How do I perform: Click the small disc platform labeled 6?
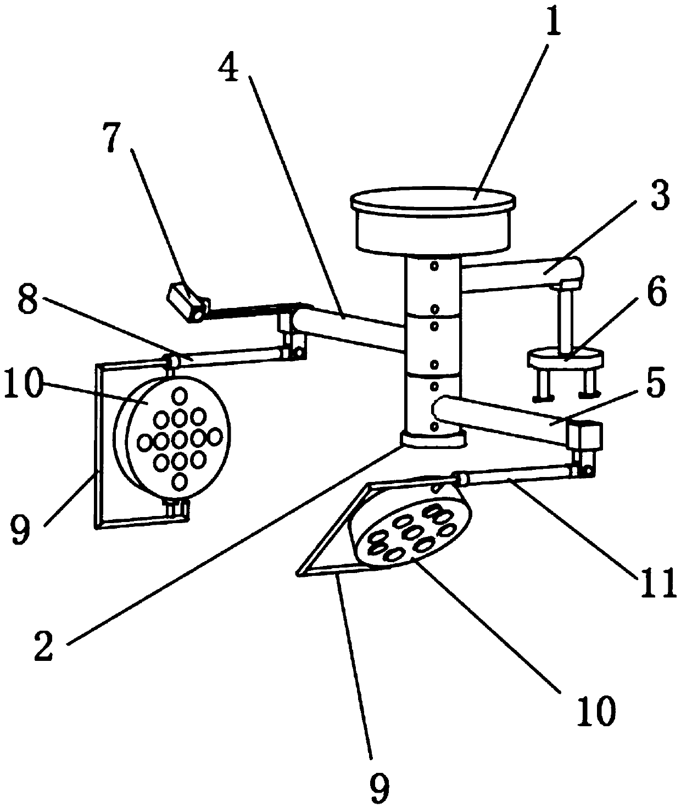pyautogui.click(x=565, y=360)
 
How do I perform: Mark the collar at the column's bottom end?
pyautogui.click(x=433, y=439)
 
